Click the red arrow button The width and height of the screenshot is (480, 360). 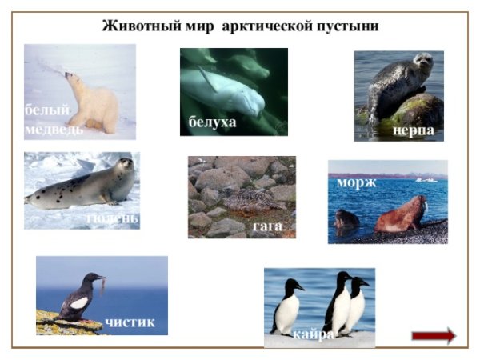[434, 335]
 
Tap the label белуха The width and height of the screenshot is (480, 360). [212, 122]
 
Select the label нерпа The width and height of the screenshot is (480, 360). [414, 130]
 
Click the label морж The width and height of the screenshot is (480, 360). [357, 183]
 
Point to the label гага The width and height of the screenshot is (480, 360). [267, 226]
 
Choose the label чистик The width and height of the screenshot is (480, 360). [130, 322]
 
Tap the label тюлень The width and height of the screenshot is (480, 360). [111, 218]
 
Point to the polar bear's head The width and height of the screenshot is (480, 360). [74, 80]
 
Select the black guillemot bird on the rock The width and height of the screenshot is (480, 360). [81, 299]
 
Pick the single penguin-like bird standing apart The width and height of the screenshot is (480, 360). [287, 304]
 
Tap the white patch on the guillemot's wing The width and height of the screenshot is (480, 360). [78, 303]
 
